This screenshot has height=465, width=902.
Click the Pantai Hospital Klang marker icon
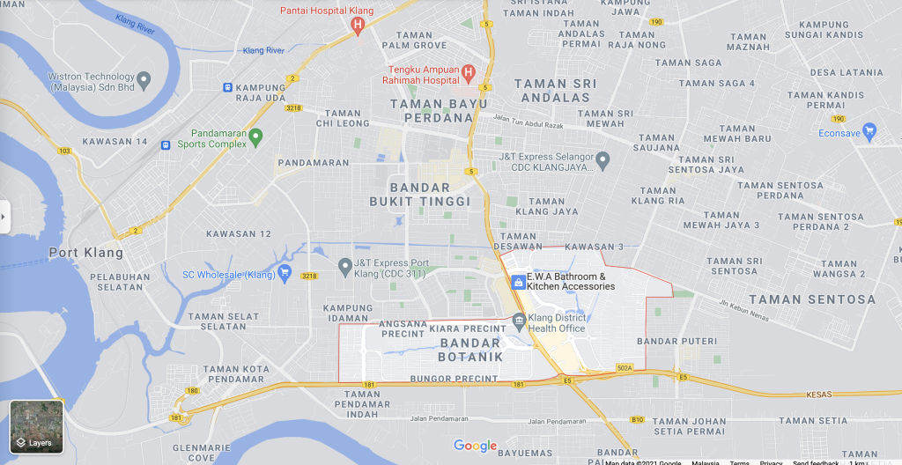(357, 25)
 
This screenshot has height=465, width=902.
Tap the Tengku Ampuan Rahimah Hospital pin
(468, 73)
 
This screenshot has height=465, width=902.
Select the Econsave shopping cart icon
(870, 133)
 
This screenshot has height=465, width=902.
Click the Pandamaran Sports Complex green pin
(255, 137)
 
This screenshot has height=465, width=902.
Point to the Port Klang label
(85, 253)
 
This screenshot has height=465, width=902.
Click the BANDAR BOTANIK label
(470, 350)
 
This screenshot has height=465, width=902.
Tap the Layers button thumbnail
(36, 427)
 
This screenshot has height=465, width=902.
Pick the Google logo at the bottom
(475, 446)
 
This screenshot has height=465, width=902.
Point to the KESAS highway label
(818, 395)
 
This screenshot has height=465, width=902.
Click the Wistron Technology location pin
(144, 80)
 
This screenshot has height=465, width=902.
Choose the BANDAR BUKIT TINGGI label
(431, 195)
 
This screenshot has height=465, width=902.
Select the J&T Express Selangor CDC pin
(603, 160)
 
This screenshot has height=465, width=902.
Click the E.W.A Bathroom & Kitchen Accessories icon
(518, 281)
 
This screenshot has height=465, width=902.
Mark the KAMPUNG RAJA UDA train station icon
(227, 88)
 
